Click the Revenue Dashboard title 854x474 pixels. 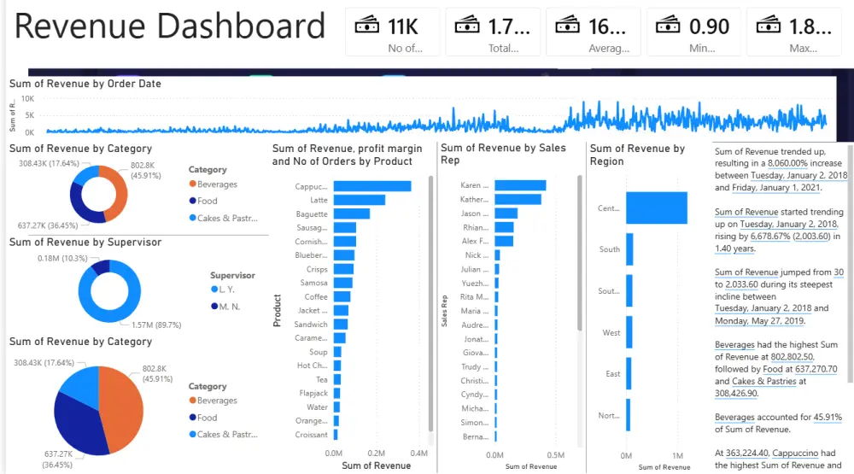tap(170, 26)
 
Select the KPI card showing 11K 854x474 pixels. tap(392, 32)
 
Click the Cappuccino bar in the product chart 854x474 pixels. tap(371, 186)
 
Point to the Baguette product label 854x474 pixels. tap(312, 214)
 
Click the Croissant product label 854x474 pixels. tap(311, 435)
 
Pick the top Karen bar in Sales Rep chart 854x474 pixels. tap(519, 185)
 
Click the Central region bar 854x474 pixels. tap(656, 208)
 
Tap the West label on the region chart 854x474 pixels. tap(611, 332)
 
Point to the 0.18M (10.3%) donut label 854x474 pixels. tap(61, 258)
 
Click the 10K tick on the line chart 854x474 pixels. tap(28, 99)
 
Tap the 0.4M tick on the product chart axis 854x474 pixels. tap(418, 454)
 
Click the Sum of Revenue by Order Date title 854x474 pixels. tap(85, 84)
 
